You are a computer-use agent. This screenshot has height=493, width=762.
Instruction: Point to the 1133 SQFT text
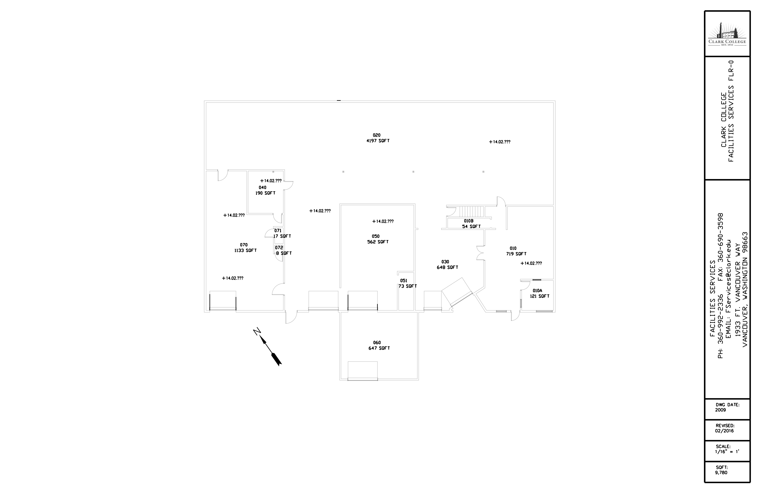pos(246,250)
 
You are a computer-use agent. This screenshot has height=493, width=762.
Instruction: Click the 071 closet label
pos(278,231)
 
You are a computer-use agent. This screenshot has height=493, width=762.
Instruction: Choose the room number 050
pos(376,236)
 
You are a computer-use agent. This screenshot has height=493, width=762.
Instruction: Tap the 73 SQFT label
pos(408,286)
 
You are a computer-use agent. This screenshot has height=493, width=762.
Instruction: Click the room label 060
pos(377,343)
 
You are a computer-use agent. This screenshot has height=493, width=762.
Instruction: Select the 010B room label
pos(469,221)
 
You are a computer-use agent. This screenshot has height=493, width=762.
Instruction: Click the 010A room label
pos(538,291)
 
